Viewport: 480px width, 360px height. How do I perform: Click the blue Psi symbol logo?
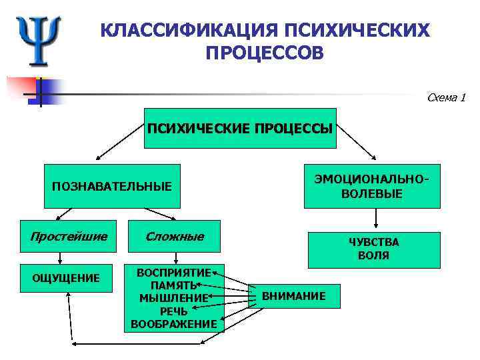coord(38,40)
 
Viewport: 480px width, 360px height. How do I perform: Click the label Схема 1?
coord(445,98)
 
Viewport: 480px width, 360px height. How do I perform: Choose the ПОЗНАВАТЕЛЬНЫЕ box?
coord(111,185)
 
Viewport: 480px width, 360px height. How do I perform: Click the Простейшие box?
coord(69,237)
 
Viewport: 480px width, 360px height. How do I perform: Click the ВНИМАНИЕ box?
coord(294,295)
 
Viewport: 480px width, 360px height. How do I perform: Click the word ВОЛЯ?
coord(373,255)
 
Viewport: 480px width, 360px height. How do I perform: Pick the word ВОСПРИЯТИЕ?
coord(173,272)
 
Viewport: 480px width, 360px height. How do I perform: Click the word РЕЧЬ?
coord(173,311)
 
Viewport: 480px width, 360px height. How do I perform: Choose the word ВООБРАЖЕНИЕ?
coord(173,323)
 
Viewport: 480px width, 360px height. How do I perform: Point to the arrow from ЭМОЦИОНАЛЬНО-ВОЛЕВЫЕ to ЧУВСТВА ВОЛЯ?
coord(377,219)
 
